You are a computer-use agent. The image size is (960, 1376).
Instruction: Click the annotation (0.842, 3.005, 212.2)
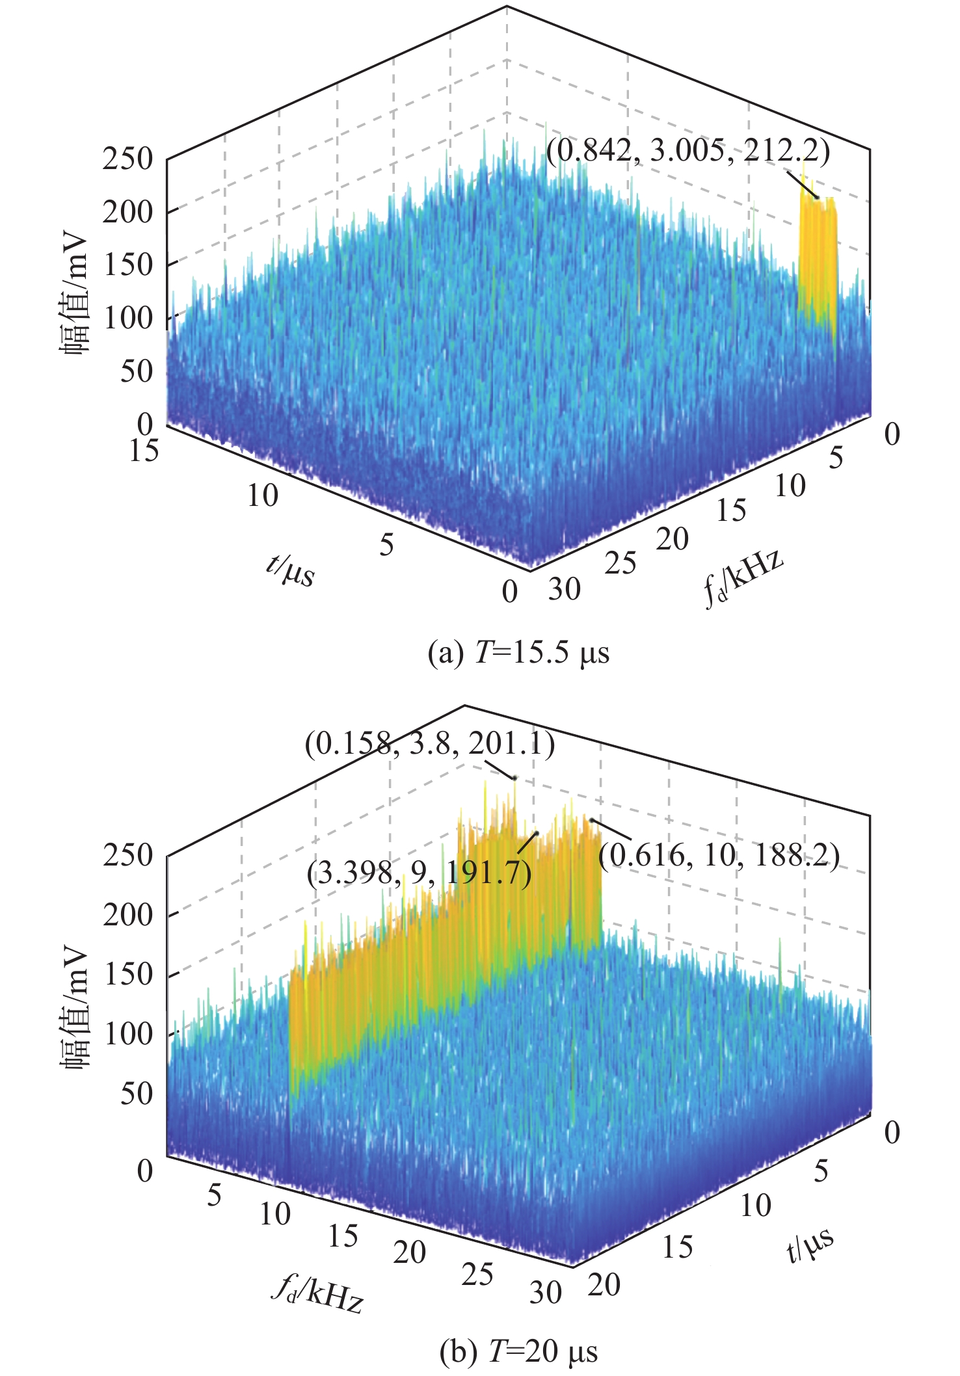pos(687,152)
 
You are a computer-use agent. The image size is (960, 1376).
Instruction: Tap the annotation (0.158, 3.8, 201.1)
pos(430,745)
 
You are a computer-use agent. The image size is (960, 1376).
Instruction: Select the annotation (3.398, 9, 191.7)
pos(420,873)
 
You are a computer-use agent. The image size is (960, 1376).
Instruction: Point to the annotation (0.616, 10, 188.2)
pos(719,856)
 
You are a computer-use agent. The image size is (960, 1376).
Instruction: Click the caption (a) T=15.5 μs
pos(518,653)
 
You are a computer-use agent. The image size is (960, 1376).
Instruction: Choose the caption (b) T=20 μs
pos(518,1351)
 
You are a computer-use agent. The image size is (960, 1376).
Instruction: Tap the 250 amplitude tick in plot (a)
pos(127,159)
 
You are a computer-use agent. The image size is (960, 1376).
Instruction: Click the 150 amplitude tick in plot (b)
pos(127,974)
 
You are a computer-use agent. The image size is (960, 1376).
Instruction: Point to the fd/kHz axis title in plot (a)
pos(743,578)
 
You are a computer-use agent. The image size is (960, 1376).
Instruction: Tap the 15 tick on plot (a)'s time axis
pos(144,450)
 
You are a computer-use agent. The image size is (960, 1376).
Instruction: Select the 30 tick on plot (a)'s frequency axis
pos(564,590)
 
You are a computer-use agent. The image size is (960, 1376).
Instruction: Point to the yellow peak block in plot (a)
pos(816,260)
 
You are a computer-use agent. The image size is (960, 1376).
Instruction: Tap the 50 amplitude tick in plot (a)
pos(135,371)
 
